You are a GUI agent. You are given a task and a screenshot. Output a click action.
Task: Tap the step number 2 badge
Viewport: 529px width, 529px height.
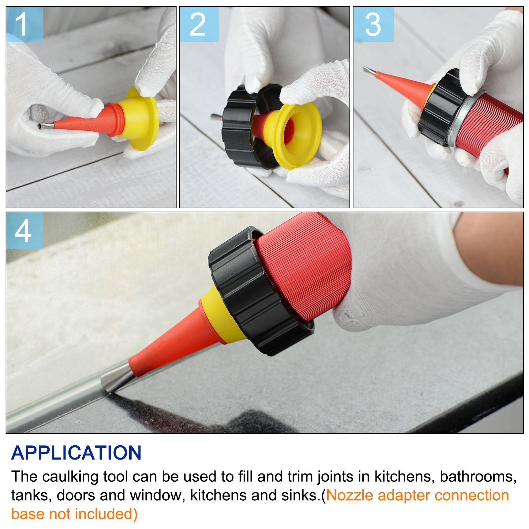pyautogui.click(x=199, y=24)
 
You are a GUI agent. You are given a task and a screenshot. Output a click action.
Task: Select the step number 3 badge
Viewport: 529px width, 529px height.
pyautogui.click(x=373, y=24)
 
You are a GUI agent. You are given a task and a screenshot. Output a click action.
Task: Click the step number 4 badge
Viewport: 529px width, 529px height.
pyautogui.click(x=24, y=231)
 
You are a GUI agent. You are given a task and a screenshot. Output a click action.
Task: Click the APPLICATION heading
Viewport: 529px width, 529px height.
pyautogui.click(x=76, y=453)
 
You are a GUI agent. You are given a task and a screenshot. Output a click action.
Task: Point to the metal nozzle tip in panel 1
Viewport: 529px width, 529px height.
pyautogui.click(x=46, y=126)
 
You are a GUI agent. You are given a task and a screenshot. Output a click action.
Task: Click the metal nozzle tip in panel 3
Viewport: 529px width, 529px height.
pyautogui.click(x=370, y=70)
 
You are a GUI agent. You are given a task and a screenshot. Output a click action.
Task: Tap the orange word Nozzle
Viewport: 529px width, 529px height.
pyautogui.click(x=350, y=496)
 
